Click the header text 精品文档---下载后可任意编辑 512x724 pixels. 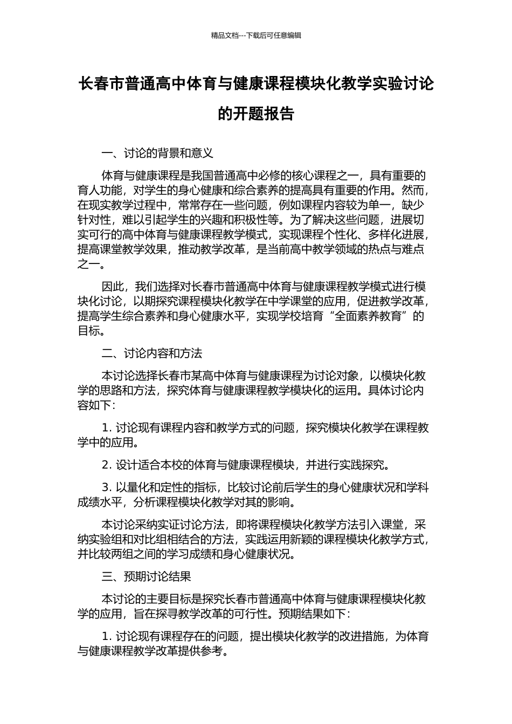(256, 36)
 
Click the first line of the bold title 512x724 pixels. (256, 84)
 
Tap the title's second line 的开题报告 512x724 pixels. (256, 114)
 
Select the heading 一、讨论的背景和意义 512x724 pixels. (157, 154)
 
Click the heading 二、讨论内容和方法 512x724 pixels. (152, 353)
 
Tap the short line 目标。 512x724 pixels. (92, 331)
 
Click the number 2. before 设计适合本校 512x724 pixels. (107, 465)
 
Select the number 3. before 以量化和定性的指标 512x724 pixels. (107, 488)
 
